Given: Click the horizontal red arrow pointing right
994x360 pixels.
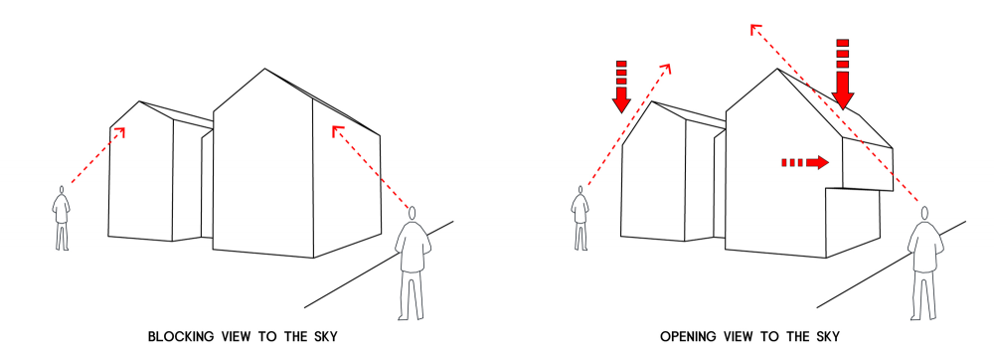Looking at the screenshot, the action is (x=805, y=163).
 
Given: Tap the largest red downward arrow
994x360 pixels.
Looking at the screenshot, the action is (x=843, y=75).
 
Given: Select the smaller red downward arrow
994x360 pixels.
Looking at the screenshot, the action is (x=621, y=87).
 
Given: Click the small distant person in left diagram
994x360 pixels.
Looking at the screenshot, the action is (x=62, y=218).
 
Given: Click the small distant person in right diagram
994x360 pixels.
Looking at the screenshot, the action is (x=580, y=218).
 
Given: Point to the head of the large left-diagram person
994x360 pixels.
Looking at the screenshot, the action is (x=413, y=213).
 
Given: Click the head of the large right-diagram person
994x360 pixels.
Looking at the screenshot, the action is (x=924, y=213).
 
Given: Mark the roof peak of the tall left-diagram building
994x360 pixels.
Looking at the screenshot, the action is (x=265, y=69).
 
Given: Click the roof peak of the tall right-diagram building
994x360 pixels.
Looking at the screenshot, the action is (x=778, y=69).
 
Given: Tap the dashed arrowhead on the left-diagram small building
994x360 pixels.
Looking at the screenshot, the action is (x=120, y=131).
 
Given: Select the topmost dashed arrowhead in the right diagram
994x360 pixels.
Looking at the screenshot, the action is (x=754, y=29).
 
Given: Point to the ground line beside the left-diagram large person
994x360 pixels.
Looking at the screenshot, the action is (x=379, y=265).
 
